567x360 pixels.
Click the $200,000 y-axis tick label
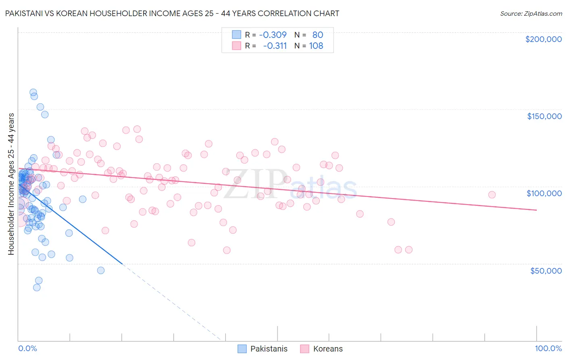click(543, 39)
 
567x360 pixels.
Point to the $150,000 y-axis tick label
click(544, 116)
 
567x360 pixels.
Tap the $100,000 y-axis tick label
click(544, 193)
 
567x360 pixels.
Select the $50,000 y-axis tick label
click(546, 270)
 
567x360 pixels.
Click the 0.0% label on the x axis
click(27, 349)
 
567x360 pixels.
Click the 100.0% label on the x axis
click(548, 349)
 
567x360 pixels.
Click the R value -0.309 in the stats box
click(273, 35)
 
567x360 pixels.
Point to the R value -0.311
click(275, 46)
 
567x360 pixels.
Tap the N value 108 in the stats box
click(316, 46)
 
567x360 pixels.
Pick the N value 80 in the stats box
click(318, 35)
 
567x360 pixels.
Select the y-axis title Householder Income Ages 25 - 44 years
click(11, 184)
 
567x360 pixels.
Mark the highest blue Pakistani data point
click(33, 92)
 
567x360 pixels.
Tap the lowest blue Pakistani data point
click(37, 287)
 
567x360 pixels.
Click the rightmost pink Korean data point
click(492, 195)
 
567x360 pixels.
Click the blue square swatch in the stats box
click(236, 35)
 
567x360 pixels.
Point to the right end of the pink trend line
click(536, 210)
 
